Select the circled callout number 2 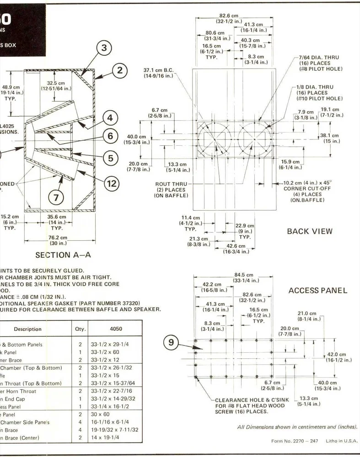119,70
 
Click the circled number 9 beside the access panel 172,342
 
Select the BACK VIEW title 310,231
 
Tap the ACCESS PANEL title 318,290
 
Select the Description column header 27,329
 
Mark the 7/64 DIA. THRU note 319,58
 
